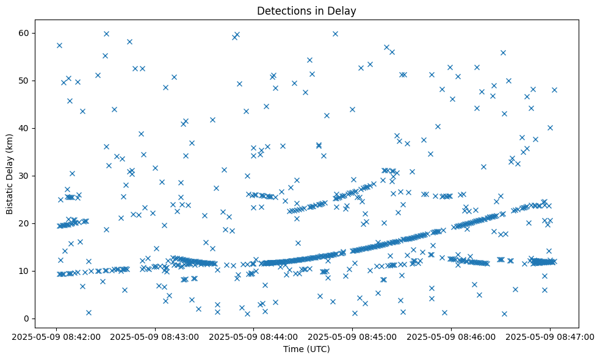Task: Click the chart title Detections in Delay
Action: tap(306, 11)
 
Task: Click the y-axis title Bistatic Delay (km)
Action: tap(10, 174)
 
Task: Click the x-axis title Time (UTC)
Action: tap(306, 349)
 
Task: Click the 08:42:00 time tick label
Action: tap(56, 336)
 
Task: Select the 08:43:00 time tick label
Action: tap(155, 336)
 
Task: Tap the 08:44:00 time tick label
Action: tap(254, 336)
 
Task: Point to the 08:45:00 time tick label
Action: tap(353, 336)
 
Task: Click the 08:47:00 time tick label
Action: tap(550, 336)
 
